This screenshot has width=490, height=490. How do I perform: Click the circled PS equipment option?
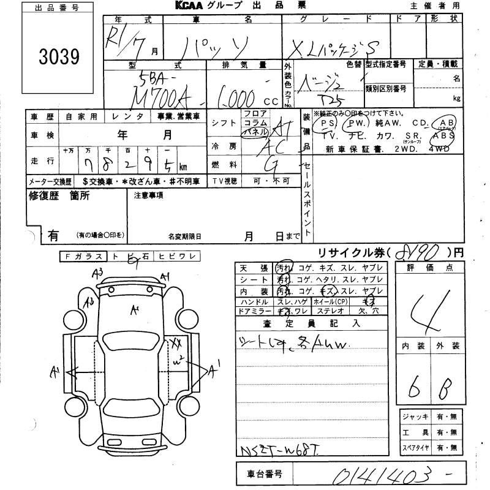pos(325,123)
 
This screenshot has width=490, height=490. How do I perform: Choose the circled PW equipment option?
pos(354,123)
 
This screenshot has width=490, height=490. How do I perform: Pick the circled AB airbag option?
pos(445,123)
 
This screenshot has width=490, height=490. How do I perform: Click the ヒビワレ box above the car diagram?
pos(176,257)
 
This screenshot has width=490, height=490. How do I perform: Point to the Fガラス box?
pos(83,257)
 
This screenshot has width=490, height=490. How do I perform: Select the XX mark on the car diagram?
pos(176,343)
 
